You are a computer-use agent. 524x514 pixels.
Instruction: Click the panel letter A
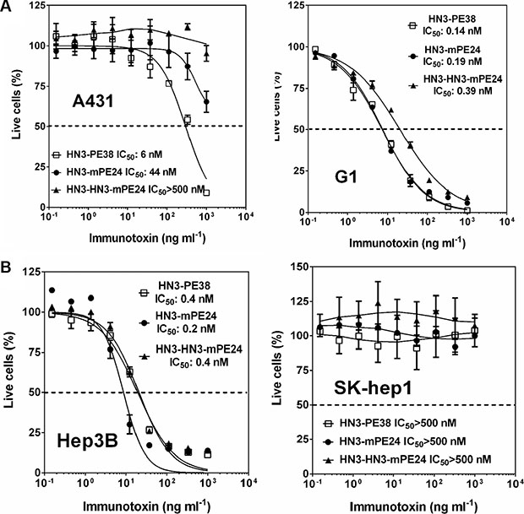tap(7, 8)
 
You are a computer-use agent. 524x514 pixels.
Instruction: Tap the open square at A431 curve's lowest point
tap(206, 192)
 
